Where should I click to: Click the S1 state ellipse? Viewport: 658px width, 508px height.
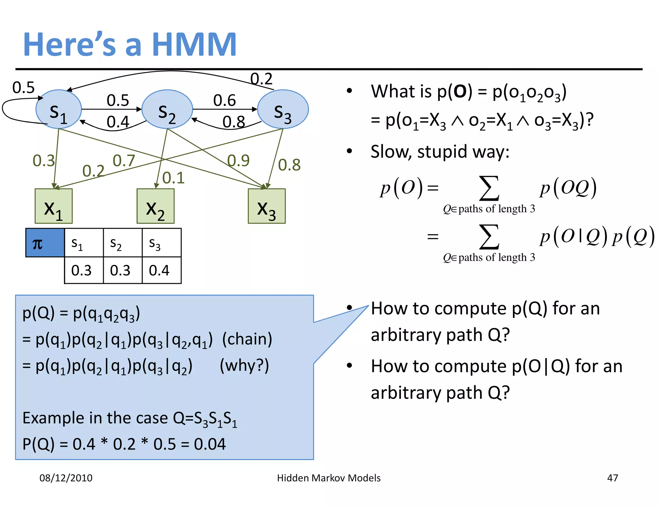[x=58, y=109]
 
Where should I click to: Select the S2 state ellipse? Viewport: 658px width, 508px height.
[x=167, y=109]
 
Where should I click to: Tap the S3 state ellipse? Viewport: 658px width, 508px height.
[x=283, y=109]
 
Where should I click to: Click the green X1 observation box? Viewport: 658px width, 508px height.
[x=54, y=206]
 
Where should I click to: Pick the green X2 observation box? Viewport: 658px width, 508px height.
[x=156, y=206]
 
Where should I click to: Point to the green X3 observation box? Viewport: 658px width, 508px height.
[x=267, y=206]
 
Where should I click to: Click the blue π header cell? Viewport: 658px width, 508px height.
[x=45, y=243]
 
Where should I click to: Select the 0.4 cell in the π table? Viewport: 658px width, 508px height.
[x=162, y=270]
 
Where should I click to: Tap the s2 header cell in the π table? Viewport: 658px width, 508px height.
[x=122, y=243]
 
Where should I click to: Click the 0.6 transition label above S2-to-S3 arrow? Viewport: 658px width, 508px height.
[x=224, y=101]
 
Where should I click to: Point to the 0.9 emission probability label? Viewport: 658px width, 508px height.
[x=238, y=161]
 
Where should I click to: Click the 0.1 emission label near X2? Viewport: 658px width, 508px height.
[x=173, y=178]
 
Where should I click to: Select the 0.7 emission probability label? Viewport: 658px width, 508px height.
[x=124, y=161]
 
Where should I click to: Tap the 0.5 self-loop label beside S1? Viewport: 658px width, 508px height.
[x=23, y=88]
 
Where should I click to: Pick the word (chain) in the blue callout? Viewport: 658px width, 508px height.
[x=247, y=339]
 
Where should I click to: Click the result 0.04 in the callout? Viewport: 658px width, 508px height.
[x=210, y=444]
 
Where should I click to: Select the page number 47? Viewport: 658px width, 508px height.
[x=612, y=478]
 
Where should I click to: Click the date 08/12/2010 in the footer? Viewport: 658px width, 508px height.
[x=66, y=478]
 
